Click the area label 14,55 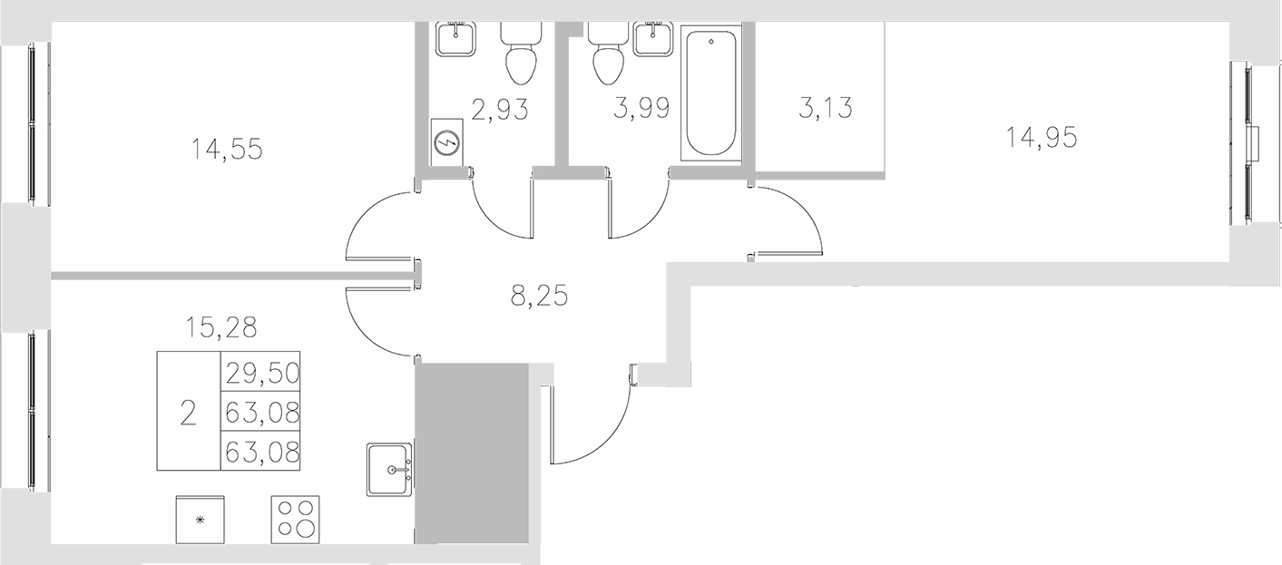point(227,148)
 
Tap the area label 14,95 point(1042,137)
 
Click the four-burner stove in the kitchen point(295,519)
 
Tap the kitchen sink point(391,469)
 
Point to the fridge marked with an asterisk point(199,520)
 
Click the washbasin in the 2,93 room point(455,38)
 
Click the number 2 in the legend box point(188,413)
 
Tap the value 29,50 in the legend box point(261,372)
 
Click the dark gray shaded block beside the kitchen point(472,451)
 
